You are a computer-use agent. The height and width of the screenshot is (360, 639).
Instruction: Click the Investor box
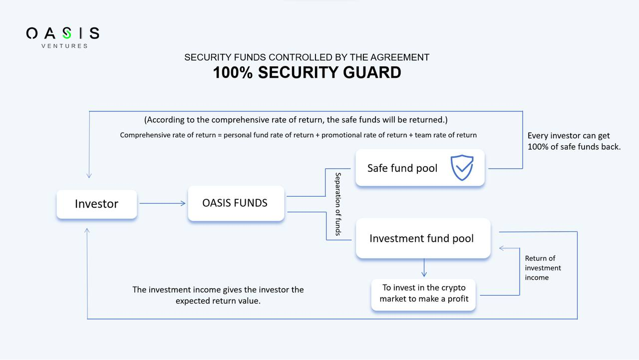pos(96,204)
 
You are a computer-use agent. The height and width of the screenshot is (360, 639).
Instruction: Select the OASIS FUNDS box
pos(236,203)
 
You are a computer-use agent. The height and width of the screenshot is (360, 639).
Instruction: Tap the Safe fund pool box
pos(419,168)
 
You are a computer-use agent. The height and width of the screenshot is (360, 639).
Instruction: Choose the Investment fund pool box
pos(422,238)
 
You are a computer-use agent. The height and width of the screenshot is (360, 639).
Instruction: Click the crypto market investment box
pos(423,294)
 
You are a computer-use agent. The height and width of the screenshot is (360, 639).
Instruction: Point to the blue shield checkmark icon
pos(462,167)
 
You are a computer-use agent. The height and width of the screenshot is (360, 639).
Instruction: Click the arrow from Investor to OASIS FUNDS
pos(162,203)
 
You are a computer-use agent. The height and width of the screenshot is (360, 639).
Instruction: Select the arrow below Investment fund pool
pos(424,268)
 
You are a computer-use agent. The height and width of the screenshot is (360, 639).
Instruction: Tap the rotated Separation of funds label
pos(338,204)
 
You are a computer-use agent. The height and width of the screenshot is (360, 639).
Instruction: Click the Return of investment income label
pos(543,268)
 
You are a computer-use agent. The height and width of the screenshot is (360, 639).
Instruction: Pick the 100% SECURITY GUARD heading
pos(307,73)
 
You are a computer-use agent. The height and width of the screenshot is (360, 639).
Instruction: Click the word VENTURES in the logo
pos(64,46)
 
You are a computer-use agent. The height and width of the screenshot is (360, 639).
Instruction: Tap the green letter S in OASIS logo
pos(66,33)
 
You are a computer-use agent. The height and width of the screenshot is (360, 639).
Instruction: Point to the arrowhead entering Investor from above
pos(89,175)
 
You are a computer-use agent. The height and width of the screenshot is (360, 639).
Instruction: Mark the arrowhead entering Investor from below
pos(87,231)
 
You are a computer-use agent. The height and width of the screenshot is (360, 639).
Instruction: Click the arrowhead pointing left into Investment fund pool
pos(502,248)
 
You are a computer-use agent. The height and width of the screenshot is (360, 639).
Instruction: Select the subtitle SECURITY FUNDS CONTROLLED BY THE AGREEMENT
pos(307,57)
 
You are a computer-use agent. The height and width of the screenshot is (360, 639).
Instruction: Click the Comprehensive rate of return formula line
pos(298,135)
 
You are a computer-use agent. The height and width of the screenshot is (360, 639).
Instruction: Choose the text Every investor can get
pos(569,136)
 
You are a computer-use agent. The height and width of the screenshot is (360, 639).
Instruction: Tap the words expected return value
pos(218,301)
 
